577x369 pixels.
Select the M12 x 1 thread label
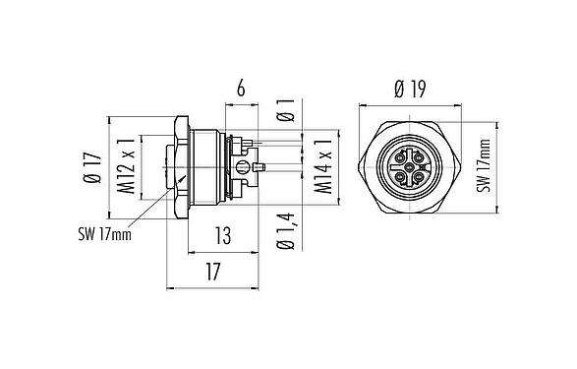click(x=125, y=165)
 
